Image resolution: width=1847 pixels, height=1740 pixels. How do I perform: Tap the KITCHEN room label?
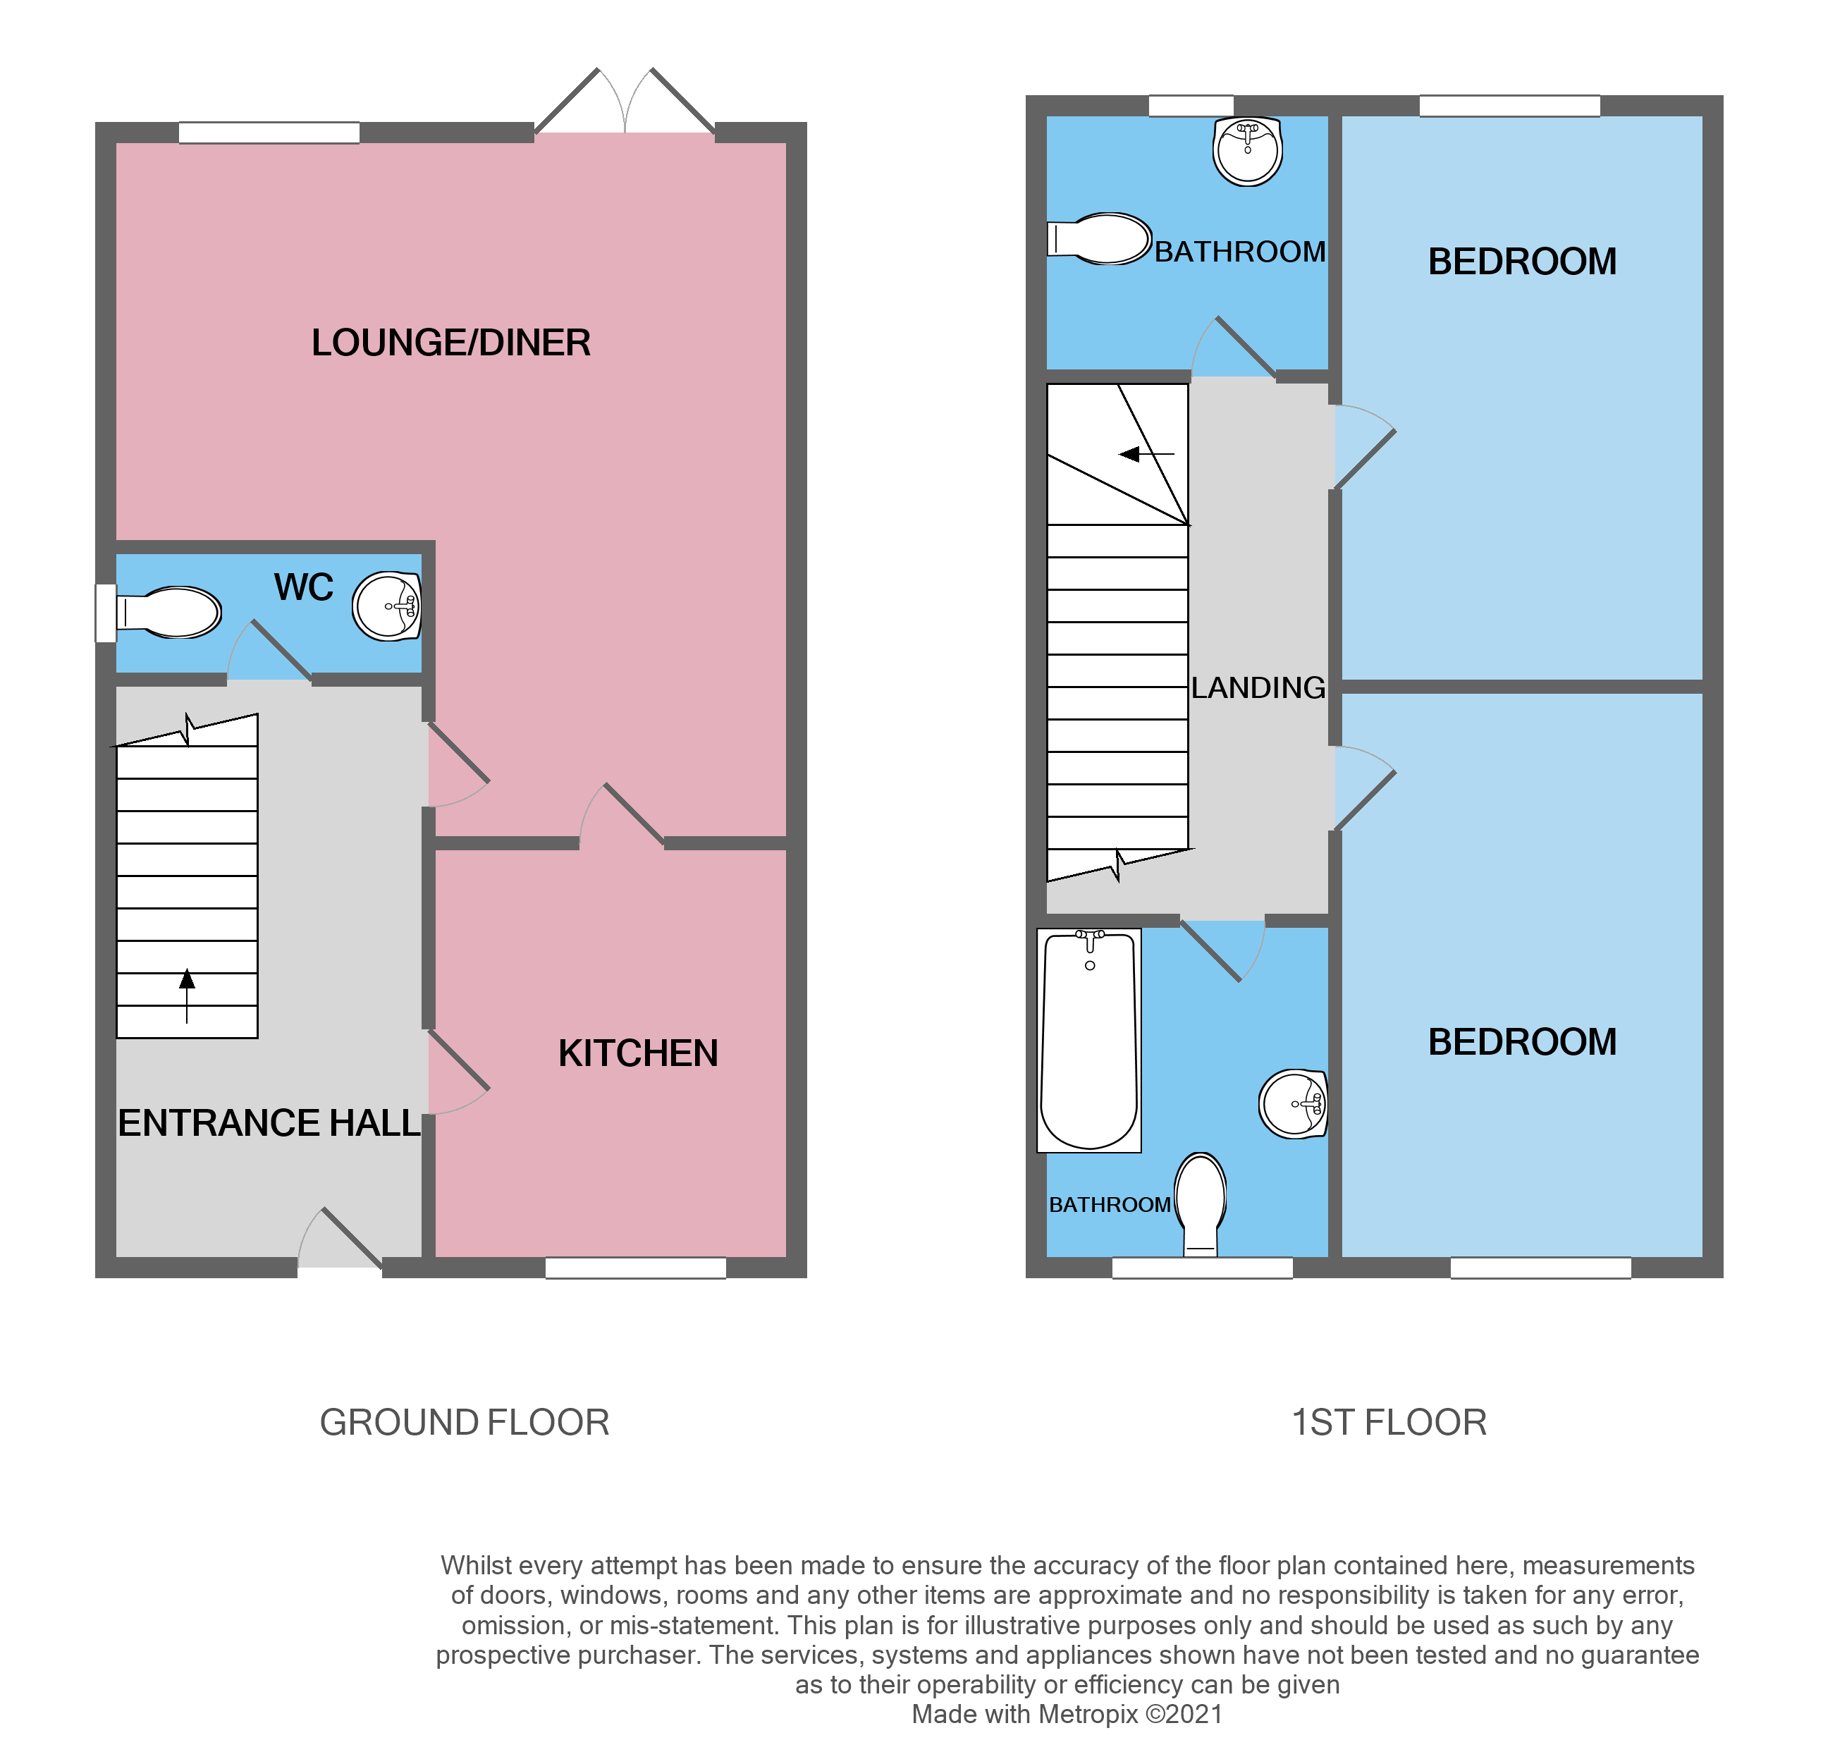tap(637, 1053)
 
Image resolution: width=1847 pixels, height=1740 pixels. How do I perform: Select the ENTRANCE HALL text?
tap(269, 1123)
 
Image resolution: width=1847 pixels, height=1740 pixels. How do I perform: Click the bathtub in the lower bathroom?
tap(1089, 1041)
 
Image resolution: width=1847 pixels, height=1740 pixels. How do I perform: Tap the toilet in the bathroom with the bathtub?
tap(1201, 1203)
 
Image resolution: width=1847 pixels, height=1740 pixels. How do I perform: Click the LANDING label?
tap(1258, 687)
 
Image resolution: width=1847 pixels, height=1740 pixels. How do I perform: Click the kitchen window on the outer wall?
tap(635, 1267)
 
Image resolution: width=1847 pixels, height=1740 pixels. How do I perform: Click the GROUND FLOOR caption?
tap(464, 1422)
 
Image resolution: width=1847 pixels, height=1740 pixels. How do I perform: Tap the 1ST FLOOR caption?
tap(1389, 1422)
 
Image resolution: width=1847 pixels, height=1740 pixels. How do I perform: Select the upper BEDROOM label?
tap(1522, 262)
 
